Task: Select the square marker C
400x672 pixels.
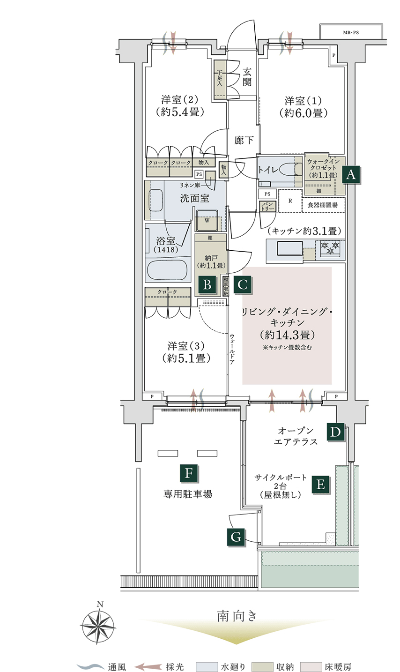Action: [243, 284]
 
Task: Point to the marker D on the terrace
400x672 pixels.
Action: [335, 432]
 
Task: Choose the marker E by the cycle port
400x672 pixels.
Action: [321, 484]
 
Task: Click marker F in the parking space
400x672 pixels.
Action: [189, 473]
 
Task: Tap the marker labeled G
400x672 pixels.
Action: [236, 537]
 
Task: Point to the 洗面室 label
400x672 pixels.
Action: [194, 198]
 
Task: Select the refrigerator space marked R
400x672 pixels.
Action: [290, 201]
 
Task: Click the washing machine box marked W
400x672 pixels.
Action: [207, 221]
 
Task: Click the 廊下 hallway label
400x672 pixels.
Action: [244, 140]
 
